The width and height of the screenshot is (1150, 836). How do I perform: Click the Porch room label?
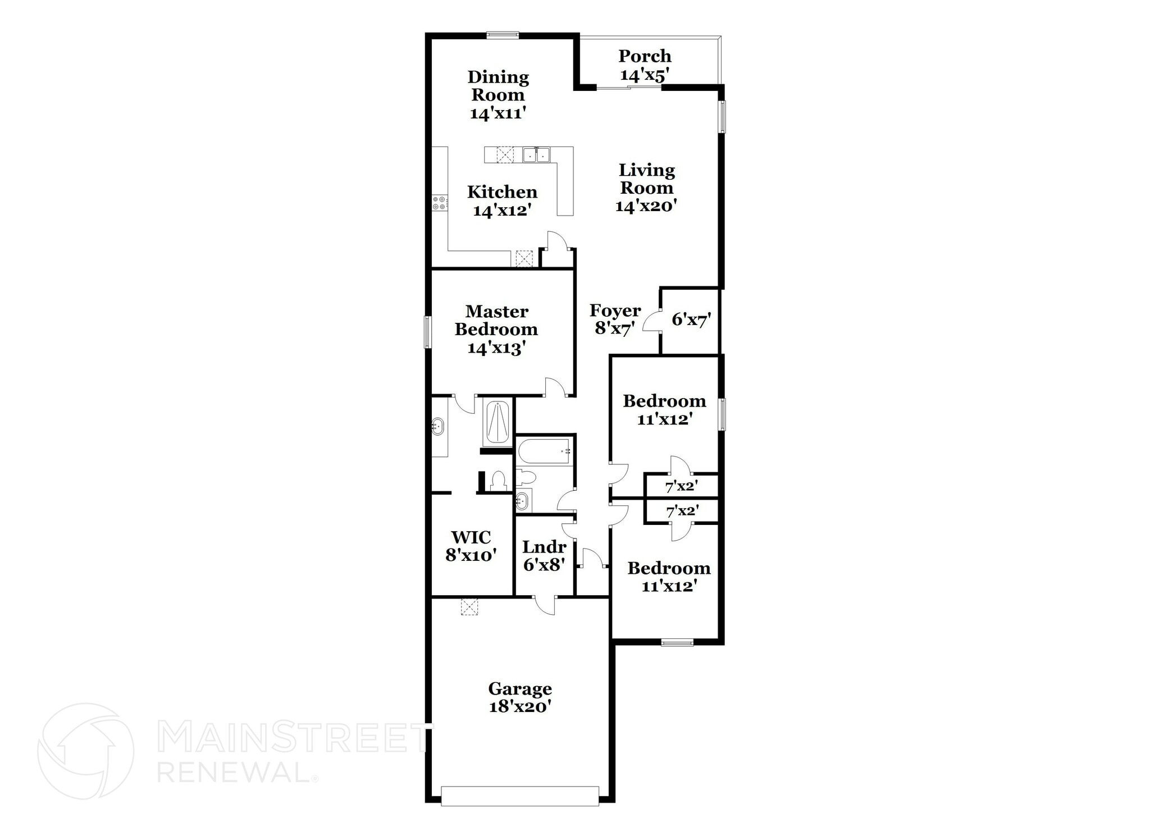click(645, 56)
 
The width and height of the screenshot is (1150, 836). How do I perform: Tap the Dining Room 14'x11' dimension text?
click(498, 113)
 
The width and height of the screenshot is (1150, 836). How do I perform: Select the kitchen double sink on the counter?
click(536, 154)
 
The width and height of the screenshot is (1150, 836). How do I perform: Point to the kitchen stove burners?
click(440, 203)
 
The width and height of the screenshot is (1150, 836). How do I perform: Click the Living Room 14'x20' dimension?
click(646, 206)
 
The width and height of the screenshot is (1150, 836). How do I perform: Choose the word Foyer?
click(615, 310)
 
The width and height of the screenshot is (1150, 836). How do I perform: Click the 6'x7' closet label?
click(691, 320)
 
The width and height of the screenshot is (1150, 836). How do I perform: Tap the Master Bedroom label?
click(496, 320)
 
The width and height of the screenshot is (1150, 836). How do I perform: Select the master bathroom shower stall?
click(497, 423)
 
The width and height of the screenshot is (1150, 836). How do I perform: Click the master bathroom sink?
click(437, 427)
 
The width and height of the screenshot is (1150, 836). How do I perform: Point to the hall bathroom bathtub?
click(544, 451)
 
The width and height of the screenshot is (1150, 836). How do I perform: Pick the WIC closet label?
click(471, 537)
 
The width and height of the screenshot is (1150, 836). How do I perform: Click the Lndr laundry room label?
click(544, 547)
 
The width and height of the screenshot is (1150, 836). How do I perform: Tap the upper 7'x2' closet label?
click(681, 486)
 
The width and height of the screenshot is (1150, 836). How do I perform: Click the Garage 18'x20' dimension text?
click(520, 706)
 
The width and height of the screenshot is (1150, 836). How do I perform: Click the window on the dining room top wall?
click(503, 35)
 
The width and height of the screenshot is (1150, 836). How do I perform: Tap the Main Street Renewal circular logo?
click(85, 751)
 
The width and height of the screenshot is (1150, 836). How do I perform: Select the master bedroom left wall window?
click(427, 332)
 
